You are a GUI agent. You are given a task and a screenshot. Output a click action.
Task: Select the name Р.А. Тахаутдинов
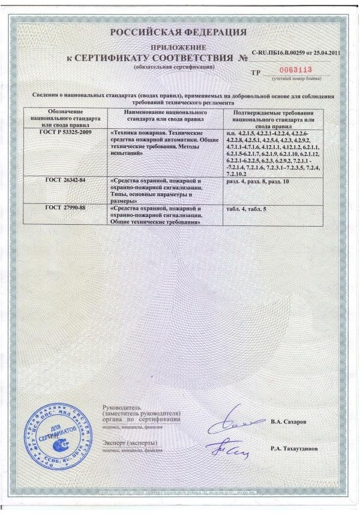[x=294, y=448]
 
